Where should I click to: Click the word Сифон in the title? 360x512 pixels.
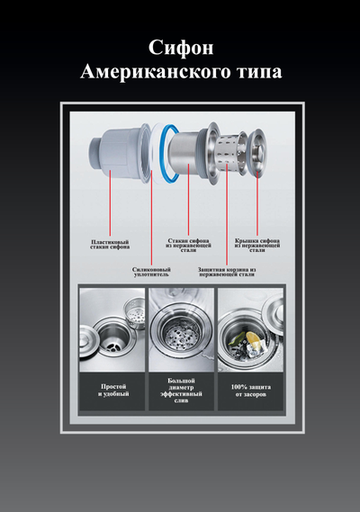tap(181, 48)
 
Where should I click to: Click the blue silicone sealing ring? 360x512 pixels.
tap(169, 154)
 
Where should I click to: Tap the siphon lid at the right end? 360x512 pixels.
tap(257, 150)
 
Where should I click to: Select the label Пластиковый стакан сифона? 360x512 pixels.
tap(110, 244)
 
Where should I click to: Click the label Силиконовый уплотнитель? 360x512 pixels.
tap(151, 272)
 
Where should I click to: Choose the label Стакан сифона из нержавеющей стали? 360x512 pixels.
tap(188, 246)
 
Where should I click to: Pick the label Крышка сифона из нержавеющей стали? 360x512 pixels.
tap(257, 246)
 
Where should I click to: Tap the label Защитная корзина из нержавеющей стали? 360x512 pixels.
tap(227, 272)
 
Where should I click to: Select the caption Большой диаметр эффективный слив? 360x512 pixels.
tap(181, 391)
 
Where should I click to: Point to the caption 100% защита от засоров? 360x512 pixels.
tap(250, 391)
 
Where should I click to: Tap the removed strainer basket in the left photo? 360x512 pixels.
tap(134, 312)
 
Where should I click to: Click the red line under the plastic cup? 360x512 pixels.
tap(110, 202)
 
